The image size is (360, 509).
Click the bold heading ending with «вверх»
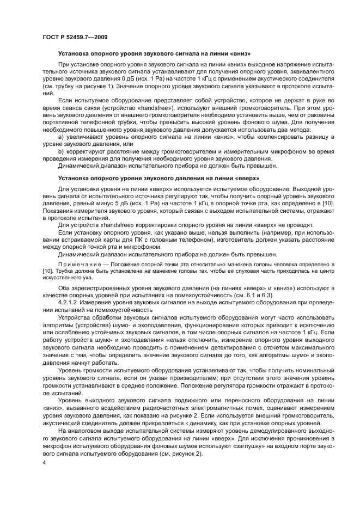[x=158, y=178]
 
